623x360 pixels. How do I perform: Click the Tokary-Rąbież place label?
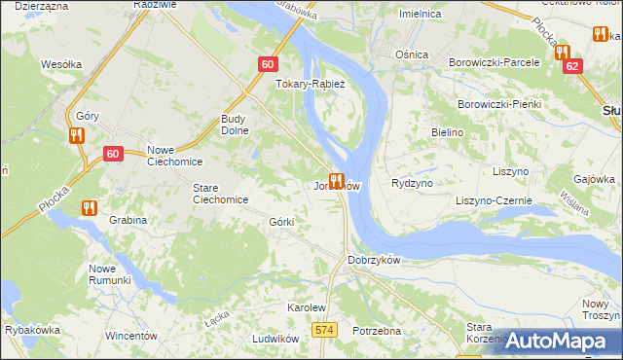tap(304, 84)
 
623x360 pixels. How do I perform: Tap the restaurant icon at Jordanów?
tap(337, 181)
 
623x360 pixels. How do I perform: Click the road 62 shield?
tap(572, 66)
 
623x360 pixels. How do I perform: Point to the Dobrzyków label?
tap(374, 261)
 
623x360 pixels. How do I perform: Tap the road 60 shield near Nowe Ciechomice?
tap(113, 154)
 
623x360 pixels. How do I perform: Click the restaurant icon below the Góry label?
tap(77, 136)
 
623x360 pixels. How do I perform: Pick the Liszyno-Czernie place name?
tap(494, 200)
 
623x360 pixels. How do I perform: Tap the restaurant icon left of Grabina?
tap(91, 207)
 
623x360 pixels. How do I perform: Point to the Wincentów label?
tap(130, 336)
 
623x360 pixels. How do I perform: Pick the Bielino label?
tap(447, 130)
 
